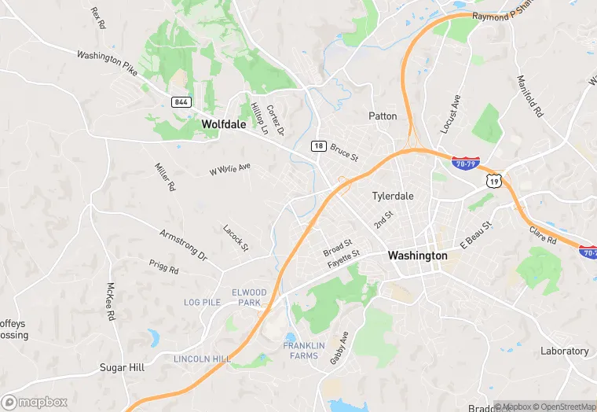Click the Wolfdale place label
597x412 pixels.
pyautogui.click(x=223, y=124)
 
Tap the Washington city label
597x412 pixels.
pyautogui.click(x=418, y=256)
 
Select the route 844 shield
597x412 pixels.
pyautogui.click(x=181, y=102)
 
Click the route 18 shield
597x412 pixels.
pyautogui.click(x=317, y=145)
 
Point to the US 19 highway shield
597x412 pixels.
pyautogui.click(x=493, y=181)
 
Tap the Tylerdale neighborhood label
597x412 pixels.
pyautogui.click(x=393, y=196)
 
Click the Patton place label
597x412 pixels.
pyautogui.click(x=383, y=116)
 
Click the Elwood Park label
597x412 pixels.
pyautogui.click(x=249, y=297)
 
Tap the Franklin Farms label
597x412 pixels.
pyautogui.click(x=304, y=351)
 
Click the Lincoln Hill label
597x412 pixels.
pyautogui.click(x=202, y=359)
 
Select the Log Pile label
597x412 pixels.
pyautogui.click(x=201, y=302)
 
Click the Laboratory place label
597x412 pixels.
pyautogui.click(x=564, y=351)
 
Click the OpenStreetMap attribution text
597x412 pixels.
pyautogui.click(x=565, y=406)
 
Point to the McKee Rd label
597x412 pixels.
pyautogui.click(x=111, y=301)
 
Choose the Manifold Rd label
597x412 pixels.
pyautogui.click(x=530, y=96)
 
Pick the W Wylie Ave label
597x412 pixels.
pyautogui.click(x=229, y=169)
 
